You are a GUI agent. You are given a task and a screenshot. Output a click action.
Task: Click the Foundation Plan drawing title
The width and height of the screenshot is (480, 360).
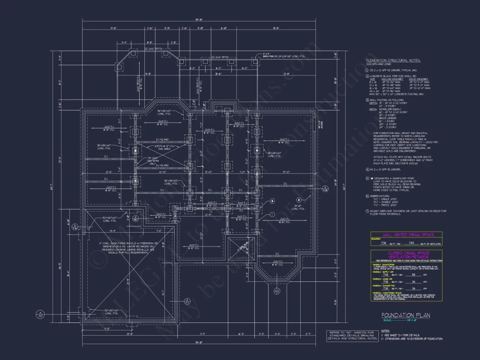405,315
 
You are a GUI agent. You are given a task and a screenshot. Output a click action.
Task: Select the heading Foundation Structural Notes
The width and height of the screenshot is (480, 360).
393,60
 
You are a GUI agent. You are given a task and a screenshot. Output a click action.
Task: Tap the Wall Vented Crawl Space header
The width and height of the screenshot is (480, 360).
406,235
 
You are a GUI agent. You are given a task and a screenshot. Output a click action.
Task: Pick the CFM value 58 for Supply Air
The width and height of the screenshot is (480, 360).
414,274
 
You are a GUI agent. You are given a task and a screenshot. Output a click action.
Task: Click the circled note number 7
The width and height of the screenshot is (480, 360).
367,211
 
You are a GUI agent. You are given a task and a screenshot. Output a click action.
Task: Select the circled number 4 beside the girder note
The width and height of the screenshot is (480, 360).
367,169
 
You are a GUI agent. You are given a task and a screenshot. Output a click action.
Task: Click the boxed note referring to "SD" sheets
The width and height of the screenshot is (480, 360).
353,335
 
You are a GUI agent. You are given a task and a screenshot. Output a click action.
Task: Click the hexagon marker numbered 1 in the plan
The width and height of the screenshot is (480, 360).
271,214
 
